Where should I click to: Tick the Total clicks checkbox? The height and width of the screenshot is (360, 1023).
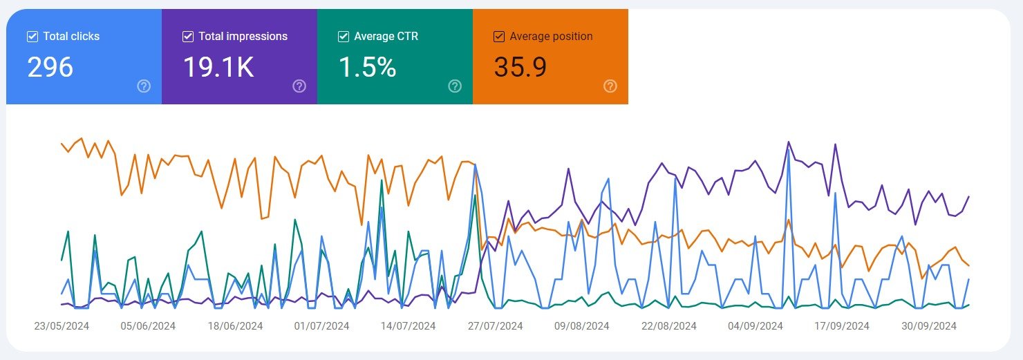click(x=32, y=37)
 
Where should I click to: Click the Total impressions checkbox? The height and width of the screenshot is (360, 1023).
click(x=188, y=37)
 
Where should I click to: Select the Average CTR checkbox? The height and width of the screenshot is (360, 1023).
click(x=344, y=37)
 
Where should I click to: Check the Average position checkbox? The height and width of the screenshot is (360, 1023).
click(x=499, y=37)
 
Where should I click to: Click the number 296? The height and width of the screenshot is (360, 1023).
click(x=50, y=67)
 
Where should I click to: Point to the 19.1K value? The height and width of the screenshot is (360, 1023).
click(x=218, y=67)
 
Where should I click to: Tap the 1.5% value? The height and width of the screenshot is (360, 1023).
click(x=367, y=67)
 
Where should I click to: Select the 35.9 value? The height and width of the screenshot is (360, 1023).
click(x=520, y=67)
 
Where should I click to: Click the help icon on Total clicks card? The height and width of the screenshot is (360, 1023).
click(x=144, y=86)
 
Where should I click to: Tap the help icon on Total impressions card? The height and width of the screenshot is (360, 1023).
click(x=299, y=86)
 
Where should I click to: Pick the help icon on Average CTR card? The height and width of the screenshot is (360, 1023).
click(x=455, y=86)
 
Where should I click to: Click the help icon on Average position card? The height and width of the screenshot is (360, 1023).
click(x=610, y=86)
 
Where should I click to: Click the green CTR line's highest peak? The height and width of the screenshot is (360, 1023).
click(x=382, y=181)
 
